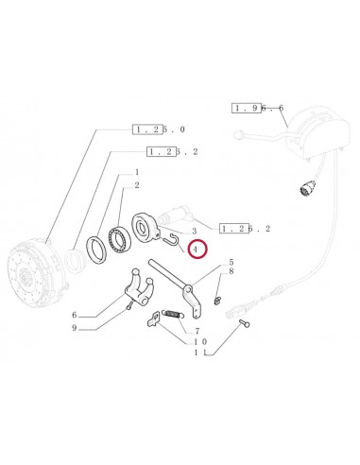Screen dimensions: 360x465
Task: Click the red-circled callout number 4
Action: [x=196, y=250]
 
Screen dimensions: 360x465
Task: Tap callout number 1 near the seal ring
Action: [x=137, y=172]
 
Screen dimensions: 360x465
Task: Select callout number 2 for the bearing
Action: [x=137, y=185]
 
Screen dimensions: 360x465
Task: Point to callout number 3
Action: [x=195, y=232]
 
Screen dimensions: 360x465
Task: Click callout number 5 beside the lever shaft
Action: [x=231, y=262]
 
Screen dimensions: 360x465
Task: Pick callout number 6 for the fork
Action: [x=75, y=315]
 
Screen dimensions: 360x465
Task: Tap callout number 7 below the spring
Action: [x=197, y=332]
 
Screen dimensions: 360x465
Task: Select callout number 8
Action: [x=231, y=271]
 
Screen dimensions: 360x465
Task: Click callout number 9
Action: [x=75, y=328]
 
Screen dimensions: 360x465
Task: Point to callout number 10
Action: [x=200, y=341]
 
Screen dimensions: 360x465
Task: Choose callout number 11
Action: [x=200, y=353]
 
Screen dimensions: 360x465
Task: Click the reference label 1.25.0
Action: [x=159, y=129]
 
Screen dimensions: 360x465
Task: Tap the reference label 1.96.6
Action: [x=258, y=108]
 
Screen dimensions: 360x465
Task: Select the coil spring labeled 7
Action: [x=172, y=314]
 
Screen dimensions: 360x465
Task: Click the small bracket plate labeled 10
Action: [x=154, y=319]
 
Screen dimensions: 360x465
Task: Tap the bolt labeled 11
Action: [x=244, y=323]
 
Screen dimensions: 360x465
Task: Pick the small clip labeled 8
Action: [x=216, y=301]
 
